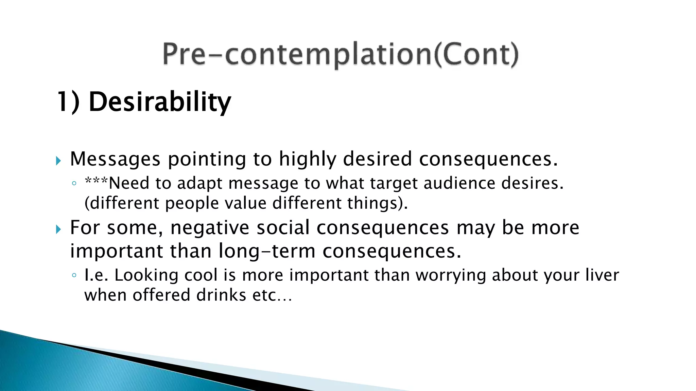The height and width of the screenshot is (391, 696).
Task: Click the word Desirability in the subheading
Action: (x=160, y=102)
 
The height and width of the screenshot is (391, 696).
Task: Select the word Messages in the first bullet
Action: (x=115, y=159)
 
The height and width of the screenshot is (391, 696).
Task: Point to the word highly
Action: (x=307, y=160)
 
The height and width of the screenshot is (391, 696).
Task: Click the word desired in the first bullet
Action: (x=377, y=159)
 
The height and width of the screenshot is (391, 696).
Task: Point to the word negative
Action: (x=210, y=227)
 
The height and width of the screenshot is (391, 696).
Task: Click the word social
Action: (x=283, y=227)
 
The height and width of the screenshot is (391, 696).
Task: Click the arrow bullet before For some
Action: (x=58, y=230)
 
